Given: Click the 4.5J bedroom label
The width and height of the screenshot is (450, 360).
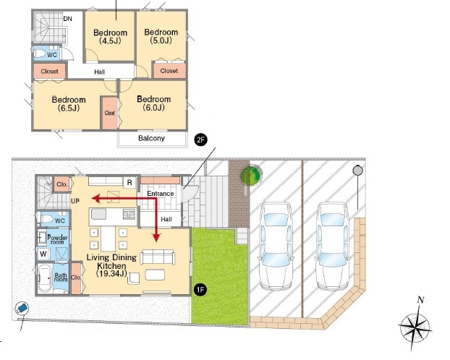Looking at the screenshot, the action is pyautogui.click(x=110, y=37).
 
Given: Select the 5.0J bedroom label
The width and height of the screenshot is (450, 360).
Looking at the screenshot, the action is pyautogui.click(x=161, y=36).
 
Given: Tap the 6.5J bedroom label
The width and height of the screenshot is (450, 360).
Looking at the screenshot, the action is pyautogui.click(x=69, y=104).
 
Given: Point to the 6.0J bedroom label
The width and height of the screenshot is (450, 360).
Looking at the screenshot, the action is pyautogui.click(x=154, y=103).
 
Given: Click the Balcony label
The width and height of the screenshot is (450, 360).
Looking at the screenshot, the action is pyautogui.click(x=151, y=138).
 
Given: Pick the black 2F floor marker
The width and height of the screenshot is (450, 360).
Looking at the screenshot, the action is pyautogui.click(x=200, y=140).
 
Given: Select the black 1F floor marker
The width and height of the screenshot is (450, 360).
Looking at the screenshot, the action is pyautogui.click(x=200, y=289).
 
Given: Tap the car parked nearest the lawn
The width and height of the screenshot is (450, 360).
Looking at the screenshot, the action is pyautogui.click(x=276, y=246).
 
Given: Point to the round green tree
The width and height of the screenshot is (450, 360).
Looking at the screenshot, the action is pyautogui.click(x=250, y=174).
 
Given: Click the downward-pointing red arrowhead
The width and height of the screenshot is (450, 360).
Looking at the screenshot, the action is pyautogui.click(x=156, y=237).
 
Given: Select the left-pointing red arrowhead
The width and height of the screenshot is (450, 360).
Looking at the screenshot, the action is pyautogui.click(x=95, y=198).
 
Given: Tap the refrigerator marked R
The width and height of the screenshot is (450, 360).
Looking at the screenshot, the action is pyautogui.click(x=130, y=182).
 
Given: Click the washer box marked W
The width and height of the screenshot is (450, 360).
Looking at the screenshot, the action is pyautogui.click(x=43, y=254).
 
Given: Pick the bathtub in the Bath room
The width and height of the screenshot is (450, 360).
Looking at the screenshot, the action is pyautogui.click(x=45, y=278).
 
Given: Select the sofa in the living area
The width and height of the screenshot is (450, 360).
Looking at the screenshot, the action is pyautogui.click(x=158, y=257).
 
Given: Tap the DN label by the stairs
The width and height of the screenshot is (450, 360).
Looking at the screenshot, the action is pyautogui.click(x=68, y=19).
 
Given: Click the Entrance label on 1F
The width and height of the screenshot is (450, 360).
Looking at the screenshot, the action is pyautogui.click(x=161, y=194).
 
